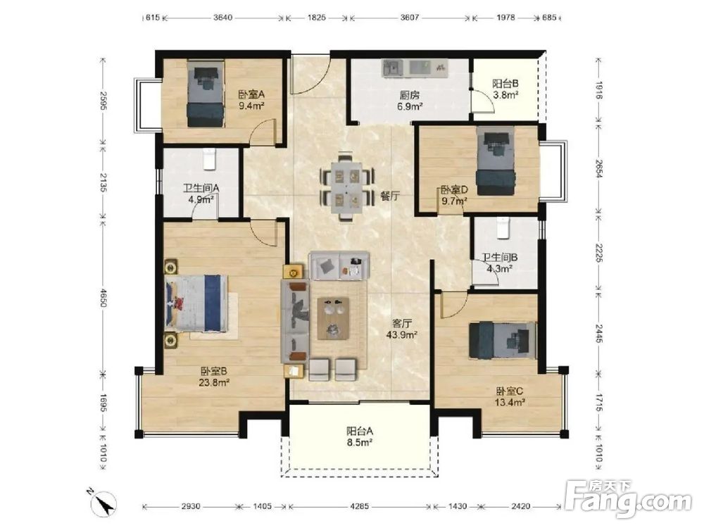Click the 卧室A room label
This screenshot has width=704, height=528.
251,95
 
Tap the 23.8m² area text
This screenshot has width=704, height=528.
214,382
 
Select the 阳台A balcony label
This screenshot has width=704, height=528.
360,431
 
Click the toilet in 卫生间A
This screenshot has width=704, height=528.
210,159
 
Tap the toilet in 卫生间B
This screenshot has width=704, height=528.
504,227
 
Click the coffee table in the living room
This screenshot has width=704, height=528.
333,318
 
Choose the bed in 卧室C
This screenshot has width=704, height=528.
503,340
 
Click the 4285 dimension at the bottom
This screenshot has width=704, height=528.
359,506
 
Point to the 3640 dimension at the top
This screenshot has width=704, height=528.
222,18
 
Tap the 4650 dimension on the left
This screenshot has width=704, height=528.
103,298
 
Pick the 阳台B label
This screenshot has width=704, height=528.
505,84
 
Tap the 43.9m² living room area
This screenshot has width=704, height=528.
402,334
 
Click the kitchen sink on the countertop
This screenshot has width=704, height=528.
393,68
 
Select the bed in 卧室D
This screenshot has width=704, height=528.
496,161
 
